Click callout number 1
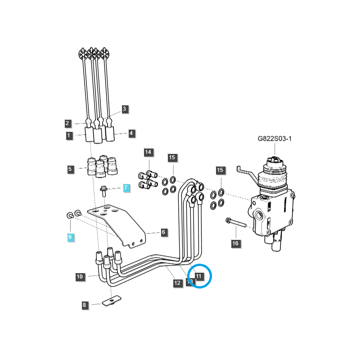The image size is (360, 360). click(x=69, y=135)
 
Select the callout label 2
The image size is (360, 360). click(x=67, y=123)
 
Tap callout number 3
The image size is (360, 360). click(x=125, y=109)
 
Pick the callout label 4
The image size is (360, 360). click(x=131, y=133)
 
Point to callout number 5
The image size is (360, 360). click(x=70, y=170)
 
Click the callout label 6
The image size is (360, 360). click(x=163, y=232)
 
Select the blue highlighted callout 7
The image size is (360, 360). click(x=126, y=188)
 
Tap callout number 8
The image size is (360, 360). click(x=84, y=305)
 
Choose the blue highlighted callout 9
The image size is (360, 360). click(x=70, y=237)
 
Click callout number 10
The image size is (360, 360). click(x=80, y=277)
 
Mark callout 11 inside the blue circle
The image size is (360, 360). click(x=199, y=276)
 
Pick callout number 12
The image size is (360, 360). click(x=177, y=283)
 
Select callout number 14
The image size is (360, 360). click(x=148, y=152)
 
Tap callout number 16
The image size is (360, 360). click(x=235, y=243)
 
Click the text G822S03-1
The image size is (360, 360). click(x=274, y=139)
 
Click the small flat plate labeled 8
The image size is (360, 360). click(x=110, y=301)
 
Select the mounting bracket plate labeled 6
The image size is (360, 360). click(x=117, y=223)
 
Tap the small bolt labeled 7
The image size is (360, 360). click(x=103, y=191)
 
